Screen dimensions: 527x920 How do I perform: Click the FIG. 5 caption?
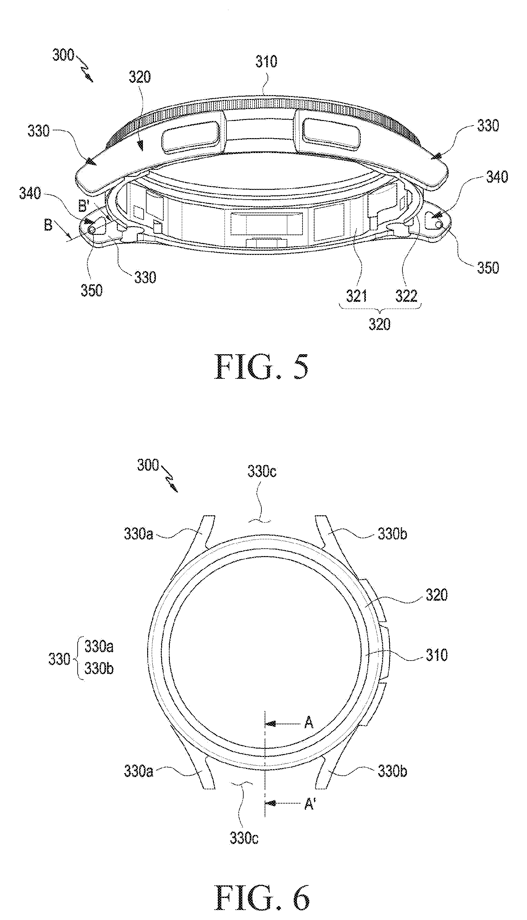click(x=262, y=366)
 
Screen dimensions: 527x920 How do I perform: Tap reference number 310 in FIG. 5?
click(x=266, y=61)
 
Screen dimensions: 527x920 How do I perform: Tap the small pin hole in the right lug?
click(x=439, y=225)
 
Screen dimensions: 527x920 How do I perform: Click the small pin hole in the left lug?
click(x=92, y=229)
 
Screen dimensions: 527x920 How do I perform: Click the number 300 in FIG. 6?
click(x=148, y=465)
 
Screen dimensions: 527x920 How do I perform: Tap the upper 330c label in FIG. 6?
click(x=262, y=472)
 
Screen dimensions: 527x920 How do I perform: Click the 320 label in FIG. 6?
click(x=437, y=595)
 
